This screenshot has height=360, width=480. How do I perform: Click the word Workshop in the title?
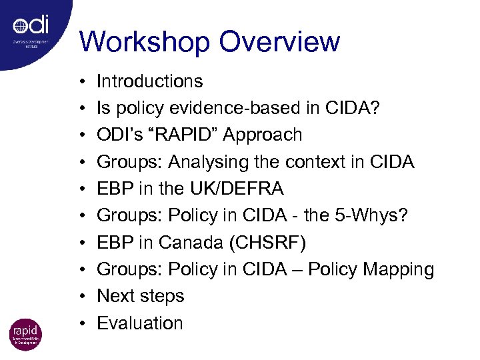144,41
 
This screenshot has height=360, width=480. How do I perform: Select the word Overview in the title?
279,41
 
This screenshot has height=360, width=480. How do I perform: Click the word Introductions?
150,81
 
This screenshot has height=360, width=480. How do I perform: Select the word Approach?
263,135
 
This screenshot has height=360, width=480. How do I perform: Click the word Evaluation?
140,323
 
